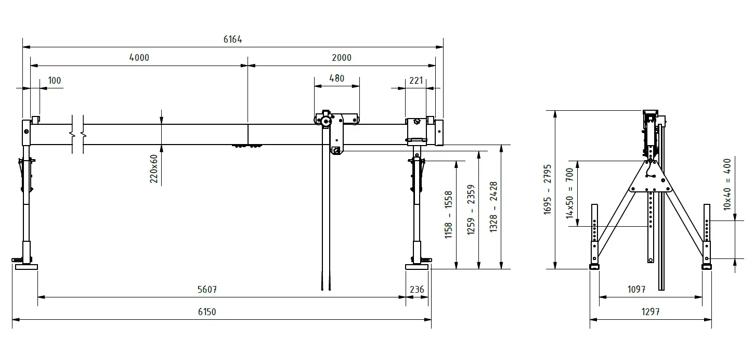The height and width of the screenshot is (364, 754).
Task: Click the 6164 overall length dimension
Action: point(232,40)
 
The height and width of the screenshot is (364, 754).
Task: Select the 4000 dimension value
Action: point(139,58)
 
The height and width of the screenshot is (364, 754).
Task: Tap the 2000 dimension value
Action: point(342,58)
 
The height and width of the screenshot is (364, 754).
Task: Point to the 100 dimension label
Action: point(55,81)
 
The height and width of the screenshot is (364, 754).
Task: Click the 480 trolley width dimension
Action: point(337,79)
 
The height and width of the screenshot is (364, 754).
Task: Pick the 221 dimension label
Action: point(416,81)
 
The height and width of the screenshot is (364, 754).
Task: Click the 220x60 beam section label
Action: point(154,168)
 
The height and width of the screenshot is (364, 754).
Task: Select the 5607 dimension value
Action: point(207,290)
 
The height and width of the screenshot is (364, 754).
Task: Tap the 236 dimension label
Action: point(417,290)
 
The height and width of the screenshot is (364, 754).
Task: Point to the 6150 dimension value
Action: point(207,312)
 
